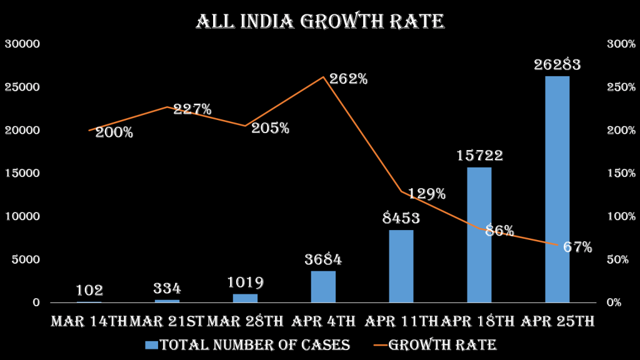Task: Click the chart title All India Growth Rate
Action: point(320,21)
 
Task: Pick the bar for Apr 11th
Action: point(401,266)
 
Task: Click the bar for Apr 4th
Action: point(323,286)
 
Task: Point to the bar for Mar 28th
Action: point(245,298)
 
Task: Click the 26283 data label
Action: point(557,64)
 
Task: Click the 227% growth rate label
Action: point(192,109)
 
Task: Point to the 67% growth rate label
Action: point(577,247)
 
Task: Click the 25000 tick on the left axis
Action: point(22,87)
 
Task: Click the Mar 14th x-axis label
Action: point(89,321)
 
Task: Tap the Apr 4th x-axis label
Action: point(323,321)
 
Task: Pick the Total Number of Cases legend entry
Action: point(247,344)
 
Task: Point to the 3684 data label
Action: point(323,259)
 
